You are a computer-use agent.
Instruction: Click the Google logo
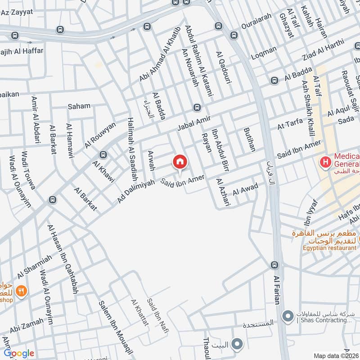point(19,353)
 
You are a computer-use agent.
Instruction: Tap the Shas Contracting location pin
point(287,317)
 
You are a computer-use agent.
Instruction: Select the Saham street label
point(79,106)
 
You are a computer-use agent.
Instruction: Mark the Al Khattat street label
point(139,313)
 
